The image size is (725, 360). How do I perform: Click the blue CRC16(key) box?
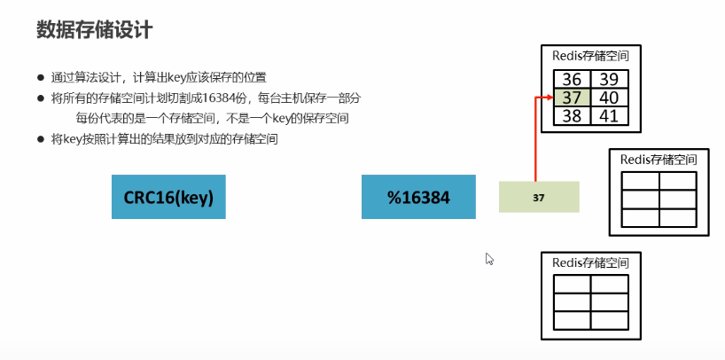tap(168, 197)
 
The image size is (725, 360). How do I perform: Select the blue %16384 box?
tap(418, 197)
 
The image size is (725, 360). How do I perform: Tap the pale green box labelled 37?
tap(538, 197)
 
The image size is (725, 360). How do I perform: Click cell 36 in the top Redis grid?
tap(572, 80)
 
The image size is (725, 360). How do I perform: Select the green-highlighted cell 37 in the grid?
tap(572, 97)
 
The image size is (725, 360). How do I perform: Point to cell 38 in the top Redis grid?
tap(572, 114)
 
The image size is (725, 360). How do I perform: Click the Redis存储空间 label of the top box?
tap(590, 55)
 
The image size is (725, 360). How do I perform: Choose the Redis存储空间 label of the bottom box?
tap(590, 262)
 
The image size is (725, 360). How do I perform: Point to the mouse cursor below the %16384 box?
tap(488, 258)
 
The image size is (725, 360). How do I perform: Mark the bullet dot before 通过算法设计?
tap(41, 77)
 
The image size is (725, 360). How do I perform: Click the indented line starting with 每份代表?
tap(211, 119)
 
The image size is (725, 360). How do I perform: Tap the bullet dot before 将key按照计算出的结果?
tap(41, 139)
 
